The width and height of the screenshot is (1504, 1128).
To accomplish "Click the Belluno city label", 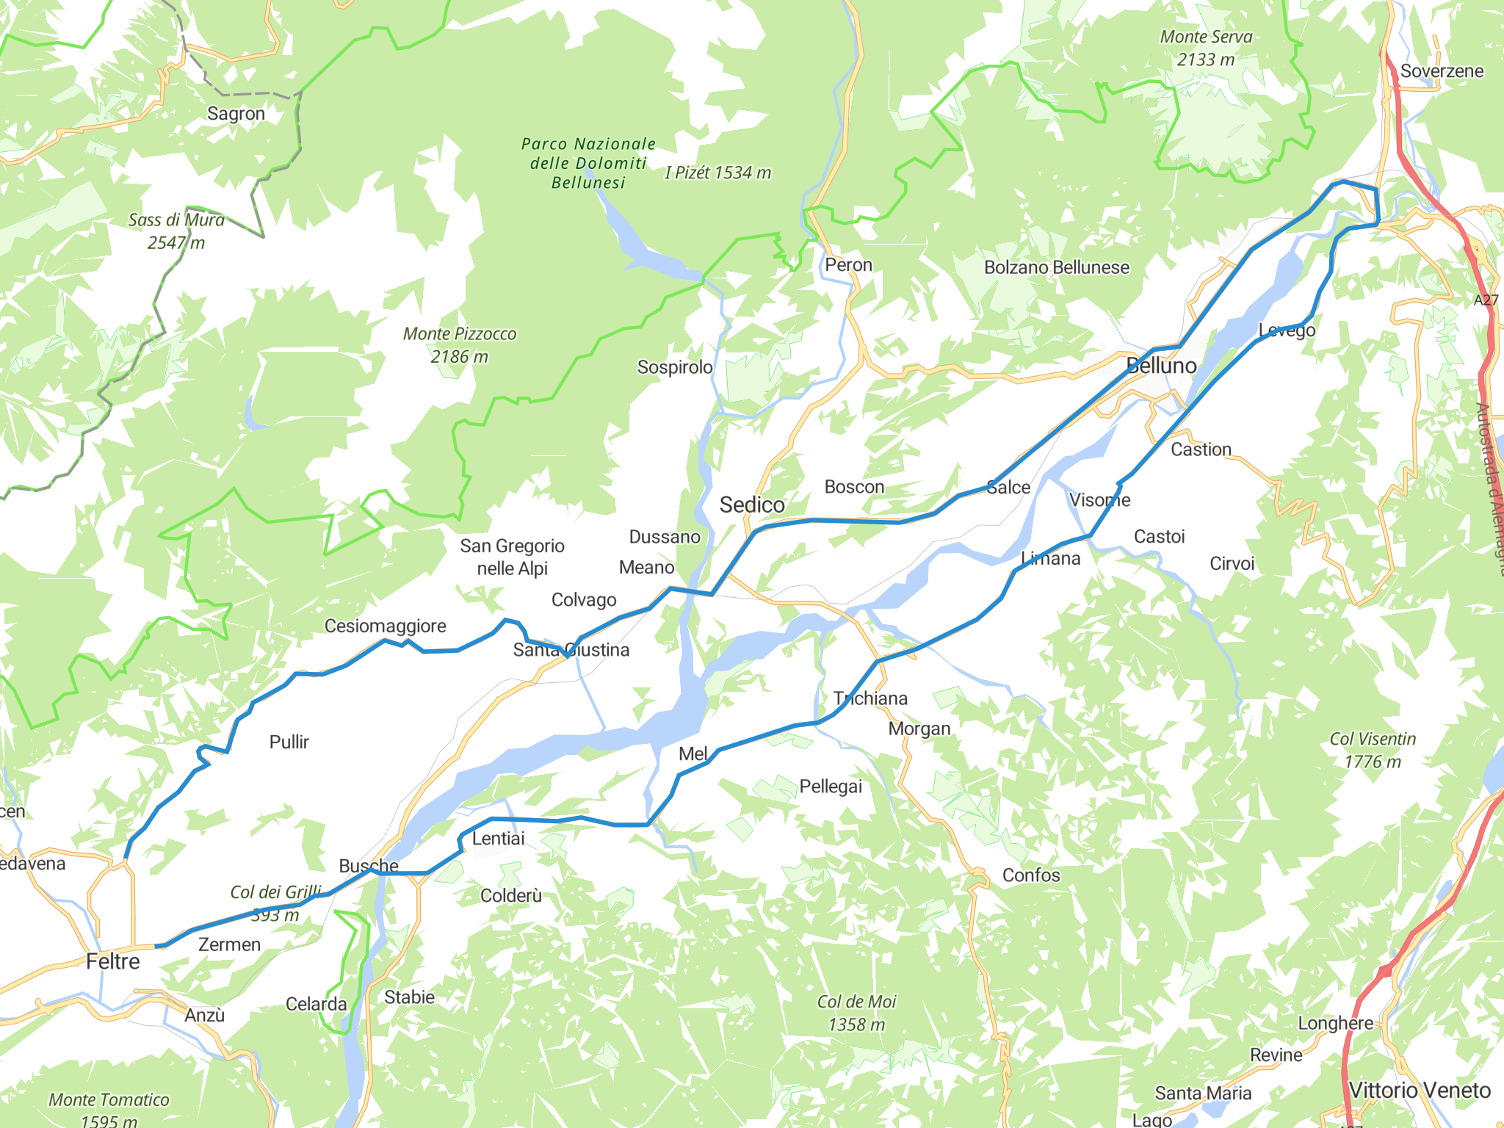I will point(1161,366).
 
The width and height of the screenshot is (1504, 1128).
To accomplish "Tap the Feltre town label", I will point(112,961).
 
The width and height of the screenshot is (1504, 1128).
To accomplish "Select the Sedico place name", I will point(752,505).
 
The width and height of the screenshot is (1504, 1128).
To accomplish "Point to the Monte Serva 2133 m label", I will point(1206,48).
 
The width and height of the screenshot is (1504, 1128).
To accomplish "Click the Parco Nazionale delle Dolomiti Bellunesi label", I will point(588,163).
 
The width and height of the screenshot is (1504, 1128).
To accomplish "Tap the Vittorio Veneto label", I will point(1420,1091).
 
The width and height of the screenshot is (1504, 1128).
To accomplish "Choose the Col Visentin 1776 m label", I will point(1372,750).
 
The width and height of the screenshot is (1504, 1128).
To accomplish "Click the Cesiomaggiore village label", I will point(385,626).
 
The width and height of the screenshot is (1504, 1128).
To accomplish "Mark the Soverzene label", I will point(1442,71).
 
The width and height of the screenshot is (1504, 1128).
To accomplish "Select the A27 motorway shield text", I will point(1485,300).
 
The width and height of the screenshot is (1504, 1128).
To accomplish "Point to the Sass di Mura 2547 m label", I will point(176,231).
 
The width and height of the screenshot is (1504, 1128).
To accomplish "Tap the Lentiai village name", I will point(498,839).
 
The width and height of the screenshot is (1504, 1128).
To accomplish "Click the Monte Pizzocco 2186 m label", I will point(460,344).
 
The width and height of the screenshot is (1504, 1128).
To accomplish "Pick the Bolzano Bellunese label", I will point(1056,267).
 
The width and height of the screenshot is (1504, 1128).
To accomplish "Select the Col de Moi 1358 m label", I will point(856,1013).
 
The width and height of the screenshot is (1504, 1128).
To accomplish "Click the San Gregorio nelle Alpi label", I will point(512,557).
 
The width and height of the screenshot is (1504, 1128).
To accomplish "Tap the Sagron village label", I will point(236,114).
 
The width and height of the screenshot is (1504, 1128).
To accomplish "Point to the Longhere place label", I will point(1335,1023).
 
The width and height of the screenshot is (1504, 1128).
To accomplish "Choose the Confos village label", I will point(1031,875).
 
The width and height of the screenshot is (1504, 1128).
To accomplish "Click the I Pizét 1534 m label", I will point(717,173).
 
